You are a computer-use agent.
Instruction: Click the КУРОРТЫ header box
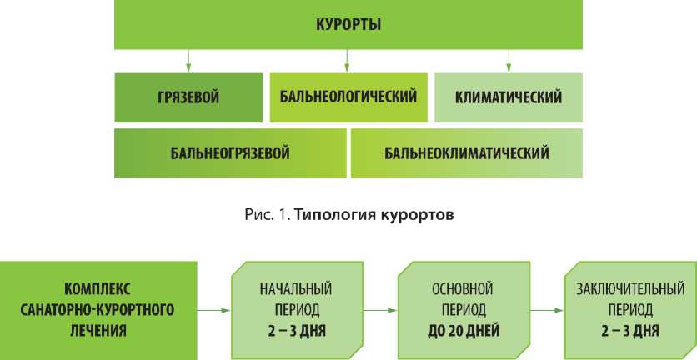click(x=348, y=24)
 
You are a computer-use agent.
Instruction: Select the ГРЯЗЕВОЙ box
click(x=188, y=97)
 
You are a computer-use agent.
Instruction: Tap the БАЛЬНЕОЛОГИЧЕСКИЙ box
click(x=348, y=97)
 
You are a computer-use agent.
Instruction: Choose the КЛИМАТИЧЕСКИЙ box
click(x=508, y=97)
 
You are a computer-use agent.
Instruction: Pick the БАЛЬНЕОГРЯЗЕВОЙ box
click(x=229, y=152)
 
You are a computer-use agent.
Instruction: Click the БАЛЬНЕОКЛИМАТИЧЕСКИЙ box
click(x=466, y=152)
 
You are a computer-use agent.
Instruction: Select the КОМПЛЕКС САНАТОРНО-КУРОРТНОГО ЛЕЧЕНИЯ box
click(x=99, y=310)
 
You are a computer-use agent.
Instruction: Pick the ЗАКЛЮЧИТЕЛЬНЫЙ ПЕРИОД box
click(x=629, y=310)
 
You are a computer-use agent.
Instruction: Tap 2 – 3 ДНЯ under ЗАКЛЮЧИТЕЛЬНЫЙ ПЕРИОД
click(x=629, y=330)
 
